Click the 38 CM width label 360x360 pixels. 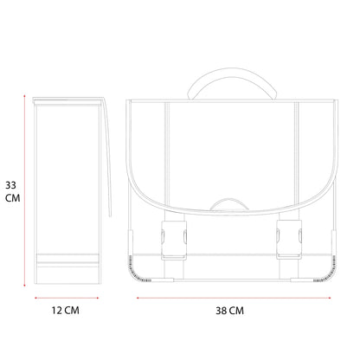click(229, 311)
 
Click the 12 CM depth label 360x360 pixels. click(66, 311)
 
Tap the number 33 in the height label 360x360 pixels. click(10, 185)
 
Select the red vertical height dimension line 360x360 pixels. click(24, 190)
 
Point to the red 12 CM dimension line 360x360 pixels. click(67, 298)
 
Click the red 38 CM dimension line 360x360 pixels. click(234, 298)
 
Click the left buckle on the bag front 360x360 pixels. click(174, 240)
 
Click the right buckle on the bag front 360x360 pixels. click(289, 240)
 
